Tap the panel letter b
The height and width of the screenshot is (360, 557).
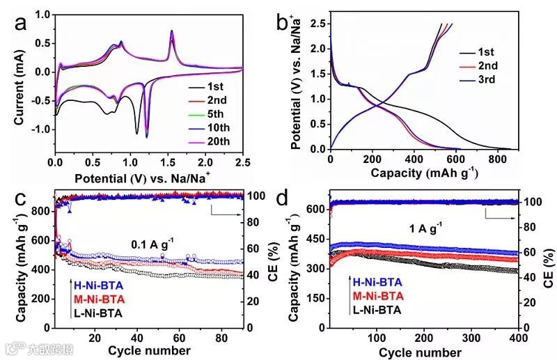[283, 23]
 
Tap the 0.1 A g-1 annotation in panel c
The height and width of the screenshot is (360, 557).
[153, 244]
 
